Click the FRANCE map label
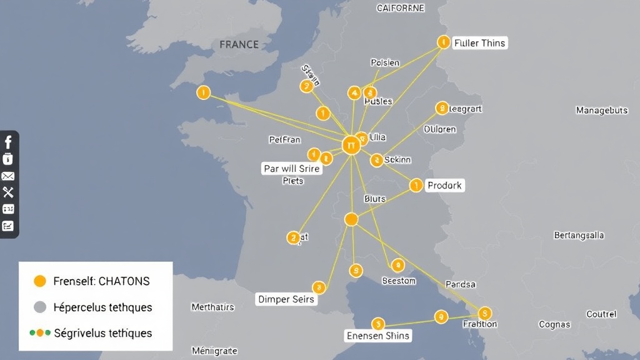point(239,44)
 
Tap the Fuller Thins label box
point(480,43)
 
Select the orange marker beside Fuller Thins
point(443,42)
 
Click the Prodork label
point(445,186)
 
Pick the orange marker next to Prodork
point(416,186)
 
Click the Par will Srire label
point(291,169)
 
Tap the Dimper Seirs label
point(286,299)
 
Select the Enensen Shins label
point(378,336)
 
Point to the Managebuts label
point(601,111)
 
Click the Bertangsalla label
point(579,236)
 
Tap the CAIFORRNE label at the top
point(400,8)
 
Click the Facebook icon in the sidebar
point(8,142)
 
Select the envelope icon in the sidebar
point(8,176)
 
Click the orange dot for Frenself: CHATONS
point(40,281)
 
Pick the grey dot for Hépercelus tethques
point(40,307)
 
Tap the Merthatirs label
point(212,307)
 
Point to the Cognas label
point(554,324)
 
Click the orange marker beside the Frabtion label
point(484,313)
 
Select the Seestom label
point(399,281)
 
